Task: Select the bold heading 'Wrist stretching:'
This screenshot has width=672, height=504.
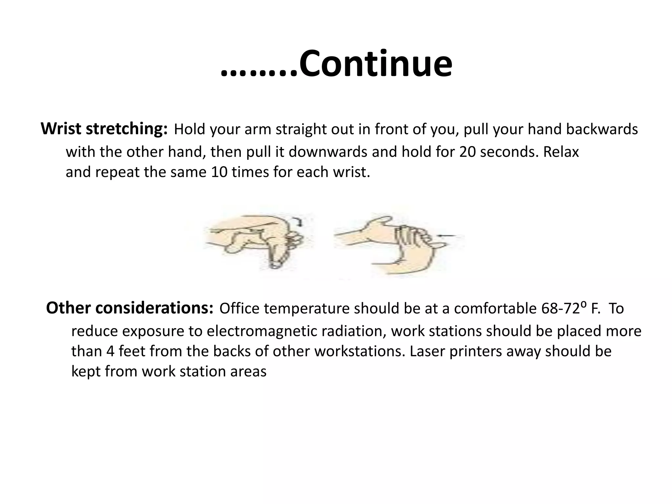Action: tap(104, 129)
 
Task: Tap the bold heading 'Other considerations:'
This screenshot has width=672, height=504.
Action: tap(130, 308)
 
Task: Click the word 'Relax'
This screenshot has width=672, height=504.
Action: tap(561, 152)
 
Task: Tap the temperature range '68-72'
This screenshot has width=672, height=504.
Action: tap(561, 308)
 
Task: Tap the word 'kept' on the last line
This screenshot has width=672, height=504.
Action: tap(86, 371)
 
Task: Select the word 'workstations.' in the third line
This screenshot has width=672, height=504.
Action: tap(359, 351)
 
